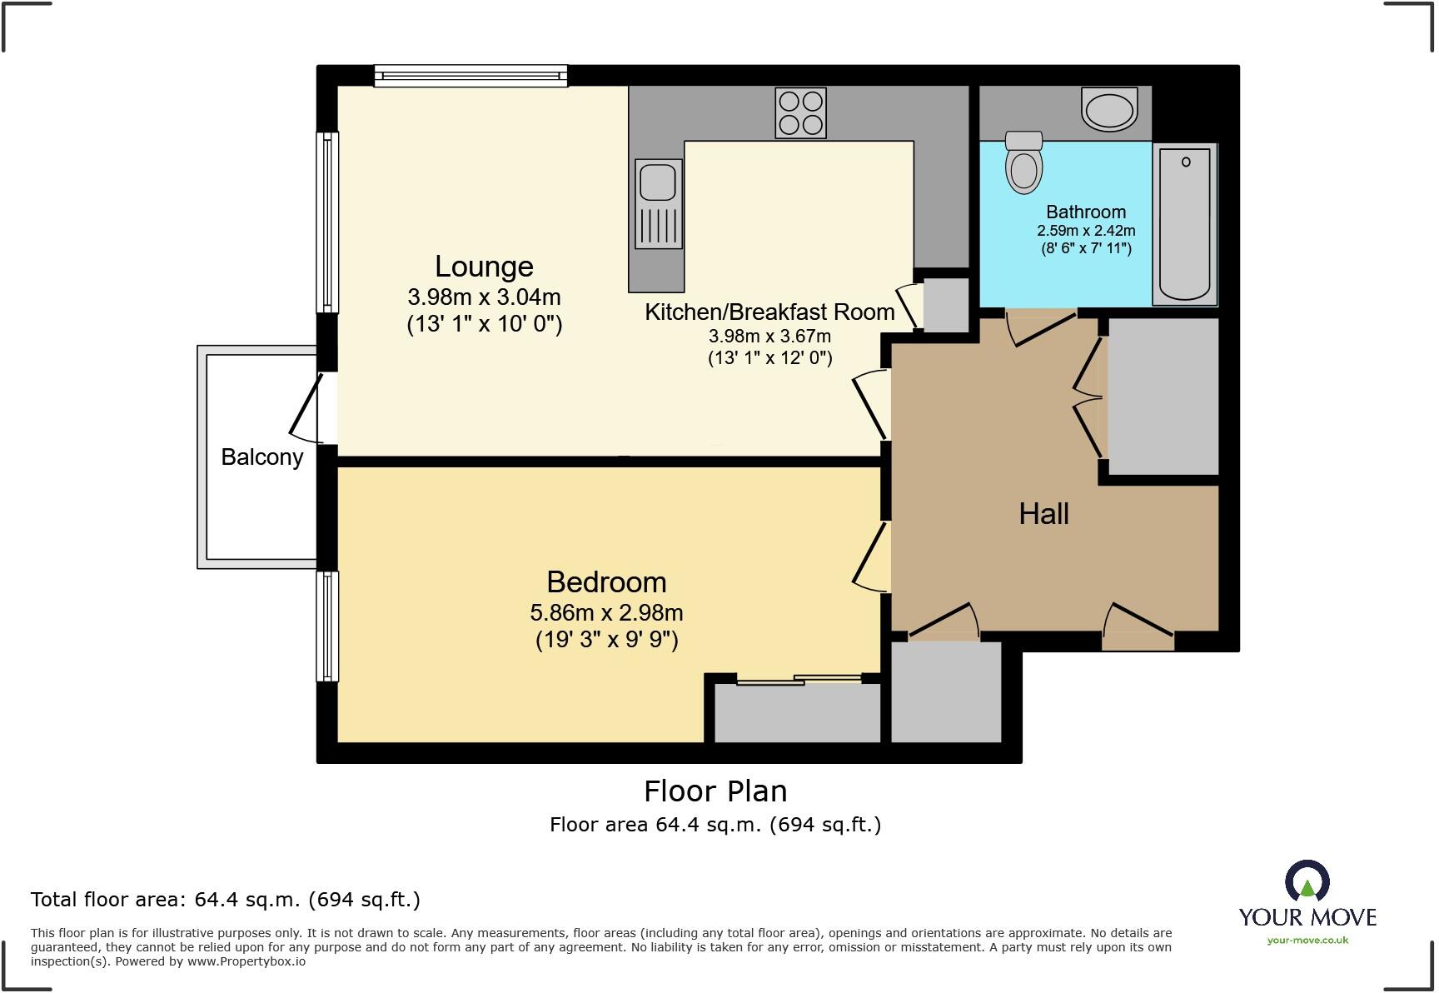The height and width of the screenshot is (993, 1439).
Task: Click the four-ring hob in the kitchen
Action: (800, 113)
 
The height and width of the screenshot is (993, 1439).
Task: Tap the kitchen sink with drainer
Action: (658, 204)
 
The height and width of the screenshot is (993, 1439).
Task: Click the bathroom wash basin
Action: (1109, 109)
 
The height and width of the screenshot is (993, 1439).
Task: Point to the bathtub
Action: (1184, 224)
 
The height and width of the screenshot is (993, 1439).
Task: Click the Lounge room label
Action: (484, 267)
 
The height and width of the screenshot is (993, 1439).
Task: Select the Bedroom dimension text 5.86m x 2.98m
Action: (606, 613)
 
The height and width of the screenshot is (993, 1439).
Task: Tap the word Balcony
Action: (261, 457)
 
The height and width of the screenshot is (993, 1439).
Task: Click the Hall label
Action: (1043, 514)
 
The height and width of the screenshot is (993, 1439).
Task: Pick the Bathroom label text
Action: (1086, 212)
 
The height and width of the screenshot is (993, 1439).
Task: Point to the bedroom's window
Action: (328, 626)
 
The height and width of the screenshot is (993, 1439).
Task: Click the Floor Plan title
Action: (715, 791)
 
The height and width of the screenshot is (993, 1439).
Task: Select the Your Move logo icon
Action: (1307, 882)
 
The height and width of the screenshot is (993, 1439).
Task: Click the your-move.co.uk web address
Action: (1307, 941)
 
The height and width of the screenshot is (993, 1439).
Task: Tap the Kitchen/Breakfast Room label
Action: (769, 312)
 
